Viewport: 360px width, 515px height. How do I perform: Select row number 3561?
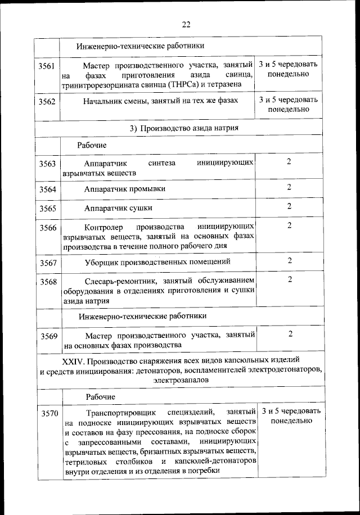pyautogui.click(x=47, y=66)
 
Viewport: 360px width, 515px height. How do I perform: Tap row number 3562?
pyautogui.click(x=47, y=102)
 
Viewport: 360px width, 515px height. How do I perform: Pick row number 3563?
pyautogui.click(x=47, y=164)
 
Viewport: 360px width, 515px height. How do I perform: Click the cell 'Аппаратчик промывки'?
pyautogui.click(x=125, y=189)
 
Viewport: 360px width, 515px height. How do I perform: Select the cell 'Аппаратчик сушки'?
pyautogui.click(x=118, y=208)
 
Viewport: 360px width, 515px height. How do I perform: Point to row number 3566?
pyautogui.click(x=47, y=228)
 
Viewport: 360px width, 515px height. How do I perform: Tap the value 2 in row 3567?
pyautogui.click(x=289, y=260)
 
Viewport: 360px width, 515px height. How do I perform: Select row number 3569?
pyautogui.click(x=47, y=336)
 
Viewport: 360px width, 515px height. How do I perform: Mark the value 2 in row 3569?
pyautogui.click(x=289, y=334)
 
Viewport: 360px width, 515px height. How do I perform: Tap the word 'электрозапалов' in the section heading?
pyautogui.click(x=180, y=380)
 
